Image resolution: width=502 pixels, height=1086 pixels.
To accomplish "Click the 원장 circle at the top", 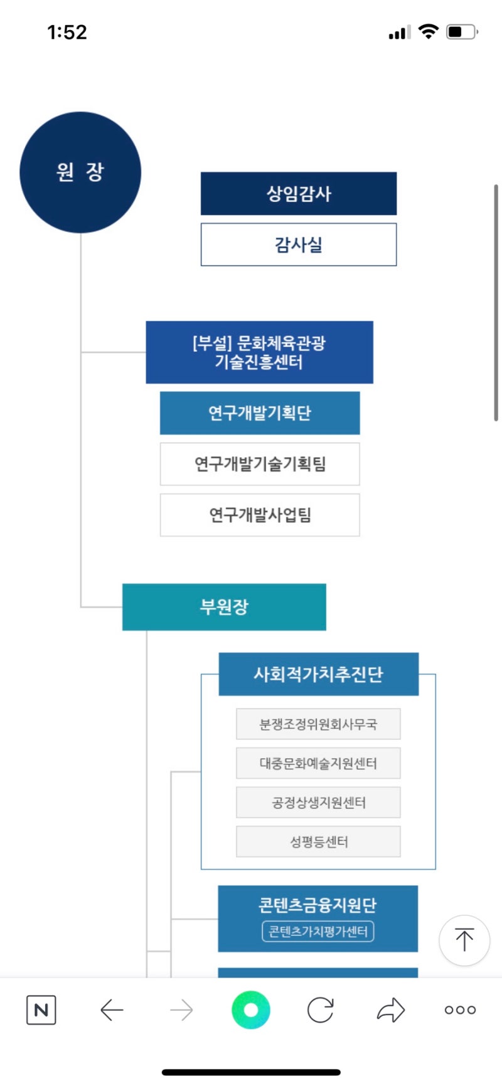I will pyautogui.click(x=80, y=172).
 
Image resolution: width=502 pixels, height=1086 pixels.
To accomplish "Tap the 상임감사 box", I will pyautogui.click(x=299, y=194).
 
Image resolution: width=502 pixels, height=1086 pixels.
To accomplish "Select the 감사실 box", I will pyautogui.click(x=299, y=245).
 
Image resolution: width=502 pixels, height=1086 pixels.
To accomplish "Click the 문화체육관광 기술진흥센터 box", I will pyautogui.click(x=259, y=352).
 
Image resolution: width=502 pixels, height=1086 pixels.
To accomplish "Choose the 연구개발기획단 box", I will pyautogui.click(x=260, y=413).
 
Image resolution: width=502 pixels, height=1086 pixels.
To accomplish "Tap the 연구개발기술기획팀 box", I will pyautogui.click(x=260, y=464).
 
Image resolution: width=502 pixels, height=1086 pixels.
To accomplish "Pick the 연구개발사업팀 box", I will pyautogui.click(x=260, y=515).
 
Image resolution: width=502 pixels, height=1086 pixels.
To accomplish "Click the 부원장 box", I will pyautogui.click(x=224, y=607).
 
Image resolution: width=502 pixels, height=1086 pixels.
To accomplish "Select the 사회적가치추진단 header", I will pyautogui.click(x=318, y=674).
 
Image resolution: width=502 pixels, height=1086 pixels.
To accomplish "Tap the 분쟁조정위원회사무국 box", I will pyautogui.click(x=318, y=724).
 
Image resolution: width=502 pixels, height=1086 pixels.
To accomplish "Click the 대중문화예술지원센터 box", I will pyautogui.click(x=318, y=763).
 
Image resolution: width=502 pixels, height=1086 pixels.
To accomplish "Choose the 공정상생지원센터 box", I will pyautogui.click(x=318, y=803).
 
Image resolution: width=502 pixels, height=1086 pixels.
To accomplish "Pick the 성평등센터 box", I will pyautogui.click(x=318, y=841).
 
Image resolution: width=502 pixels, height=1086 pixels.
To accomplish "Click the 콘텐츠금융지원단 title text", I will pyautogui.click(x=318, y=905).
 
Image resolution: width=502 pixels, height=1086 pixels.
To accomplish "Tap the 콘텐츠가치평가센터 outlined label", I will pyautogui.click(x=318, y=932).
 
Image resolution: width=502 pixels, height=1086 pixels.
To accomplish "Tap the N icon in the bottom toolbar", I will pyautogui.click(x=41, y=1010).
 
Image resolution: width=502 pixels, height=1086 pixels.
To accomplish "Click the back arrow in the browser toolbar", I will pyautogui.click(x=112, y=1010).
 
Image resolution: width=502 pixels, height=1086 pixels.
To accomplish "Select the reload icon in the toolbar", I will pyautogui.click(x=320, y=1010).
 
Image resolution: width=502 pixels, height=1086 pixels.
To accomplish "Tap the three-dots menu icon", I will pyautogui.click(x=460, y=1010).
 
